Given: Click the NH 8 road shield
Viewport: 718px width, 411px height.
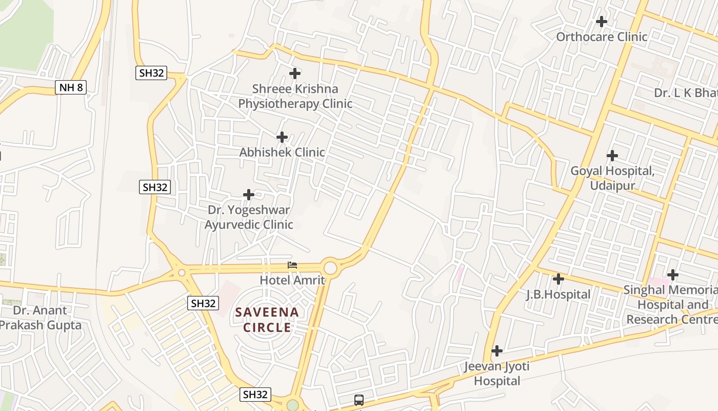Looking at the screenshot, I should (71, 87).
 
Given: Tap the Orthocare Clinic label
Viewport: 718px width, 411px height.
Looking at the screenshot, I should (602, 37).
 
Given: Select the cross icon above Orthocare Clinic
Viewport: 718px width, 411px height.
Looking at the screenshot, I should (602, 22).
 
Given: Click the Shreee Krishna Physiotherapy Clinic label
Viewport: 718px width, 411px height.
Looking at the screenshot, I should (295, 96).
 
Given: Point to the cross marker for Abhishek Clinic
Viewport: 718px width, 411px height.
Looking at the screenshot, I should (282, 137).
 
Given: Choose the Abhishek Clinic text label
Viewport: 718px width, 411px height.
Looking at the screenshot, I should (282, 152).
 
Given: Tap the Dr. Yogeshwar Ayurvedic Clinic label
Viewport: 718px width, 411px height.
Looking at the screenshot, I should (249, 217).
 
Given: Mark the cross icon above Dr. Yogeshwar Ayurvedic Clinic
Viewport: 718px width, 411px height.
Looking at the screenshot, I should (249, 195).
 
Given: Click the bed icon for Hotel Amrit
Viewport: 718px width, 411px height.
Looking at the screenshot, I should (292, 265).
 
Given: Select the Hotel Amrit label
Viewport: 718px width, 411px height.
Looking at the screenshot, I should (292, 280).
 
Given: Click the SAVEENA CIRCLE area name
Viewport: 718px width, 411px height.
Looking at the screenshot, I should (267, 320).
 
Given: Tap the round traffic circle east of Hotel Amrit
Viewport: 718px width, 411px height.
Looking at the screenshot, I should (330, 268).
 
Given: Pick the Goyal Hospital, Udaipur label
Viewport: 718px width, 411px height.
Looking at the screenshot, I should (612, 178).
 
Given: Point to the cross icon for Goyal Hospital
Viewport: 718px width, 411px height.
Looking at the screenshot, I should (612, 155).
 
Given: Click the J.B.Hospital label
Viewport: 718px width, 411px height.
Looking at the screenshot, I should (559, 294).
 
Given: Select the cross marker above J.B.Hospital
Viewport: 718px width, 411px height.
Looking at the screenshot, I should (559, 279).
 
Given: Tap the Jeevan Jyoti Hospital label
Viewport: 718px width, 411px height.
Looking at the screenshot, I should (496, 373).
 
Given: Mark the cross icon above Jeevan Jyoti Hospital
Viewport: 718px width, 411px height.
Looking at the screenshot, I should (496, 351).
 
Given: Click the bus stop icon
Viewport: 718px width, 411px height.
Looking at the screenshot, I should (359, 400).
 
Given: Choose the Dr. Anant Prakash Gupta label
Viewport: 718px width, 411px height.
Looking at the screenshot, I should (40, 317).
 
